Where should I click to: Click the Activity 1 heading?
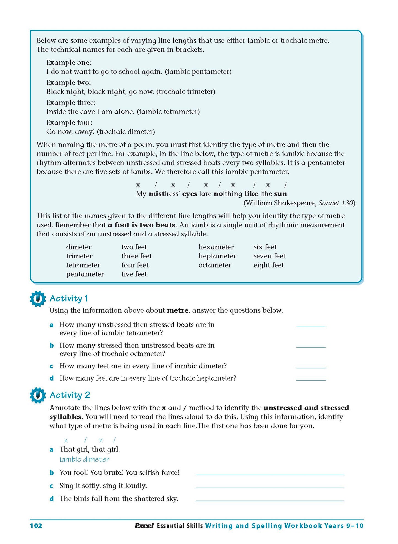click(69, 299)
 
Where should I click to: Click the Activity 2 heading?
click(70, 395)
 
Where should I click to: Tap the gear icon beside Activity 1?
click(38, 299)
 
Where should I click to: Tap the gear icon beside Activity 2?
click(38, 395)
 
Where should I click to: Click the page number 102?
click(36, 526)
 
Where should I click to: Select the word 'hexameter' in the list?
click(216, 247)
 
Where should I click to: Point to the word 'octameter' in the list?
click(215, 265)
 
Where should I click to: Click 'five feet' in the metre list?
click(134, 274)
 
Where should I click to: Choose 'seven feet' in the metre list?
click(269, 256)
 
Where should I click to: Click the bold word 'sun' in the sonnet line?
click(280, 194)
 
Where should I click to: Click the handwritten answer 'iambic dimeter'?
click(84, 460)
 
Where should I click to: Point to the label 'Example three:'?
click(71, 103)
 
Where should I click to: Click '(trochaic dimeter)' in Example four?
click(126, 132)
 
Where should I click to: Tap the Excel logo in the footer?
click(144, 526)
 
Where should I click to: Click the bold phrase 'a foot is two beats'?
click(141, 225)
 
